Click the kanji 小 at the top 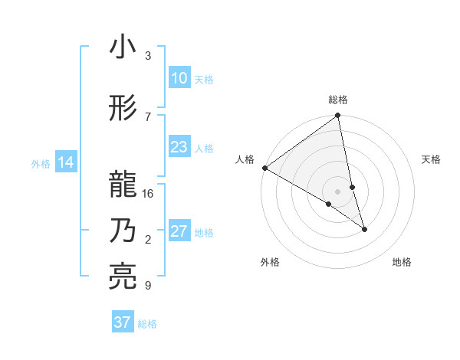pos(123,48)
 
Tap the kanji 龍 pos(123,185)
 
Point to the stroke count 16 pos(148,194)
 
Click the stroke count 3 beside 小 pos(148,56)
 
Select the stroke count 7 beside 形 pos(148,116)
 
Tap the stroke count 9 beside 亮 pos(148,286)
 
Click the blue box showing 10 pos(179,79)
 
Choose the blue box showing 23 pos(179,148)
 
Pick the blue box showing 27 pos(179,232)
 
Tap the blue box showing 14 pos(65,162)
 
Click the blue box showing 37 pos(122,322)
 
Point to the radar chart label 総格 pos(338,100)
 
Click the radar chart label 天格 pos(432,159)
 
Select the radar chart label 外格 pos(270,262)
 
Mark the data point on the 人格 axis pos(264,168)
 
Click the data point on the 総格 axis pos(338,116)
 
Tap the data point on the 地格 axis pos(364,229)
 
